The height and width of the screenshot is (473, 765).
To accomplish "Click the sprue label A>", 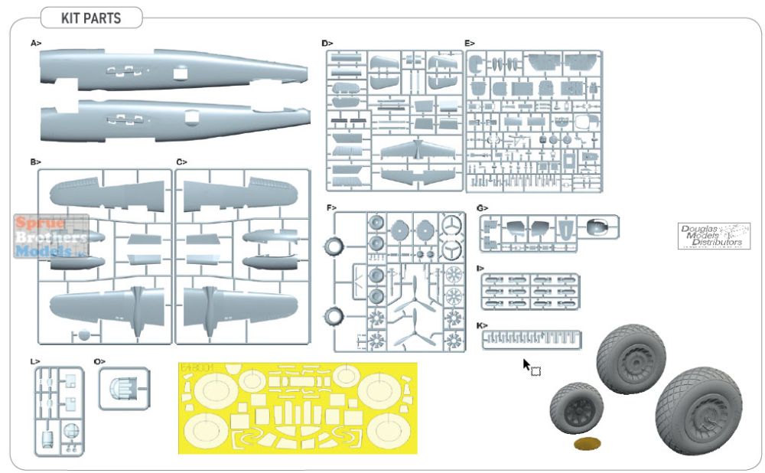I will click(35, 44).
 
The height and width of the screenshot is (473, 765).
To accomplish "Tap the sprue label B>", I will click(35, 162).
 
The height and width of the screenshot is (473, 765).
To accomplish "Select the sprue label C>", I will click(181, 162).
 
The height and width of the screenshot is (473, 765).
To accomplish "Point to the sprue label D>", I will click(327, 44).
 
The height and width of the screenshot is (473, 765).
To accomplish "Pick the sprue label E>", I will click(470, 44).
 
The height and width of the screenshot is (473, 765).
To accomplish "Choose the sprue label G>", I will click(482, 207).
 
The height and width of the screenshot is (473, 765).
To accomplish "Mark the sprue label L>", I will click(35, 360).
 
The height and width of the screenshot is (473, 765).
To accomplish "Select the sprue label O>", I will click(100, 360).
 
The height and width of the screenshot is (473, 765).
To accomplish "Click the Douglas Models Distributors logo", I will click(715, 236).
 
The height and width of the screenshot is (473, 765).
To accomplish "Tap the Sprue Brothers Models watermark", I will click(50, 236).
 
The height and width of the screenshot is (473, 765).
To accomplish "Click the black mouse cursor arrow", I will click(527, 365).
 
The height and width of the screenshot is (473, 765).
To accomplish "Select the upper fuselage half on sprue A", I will click(174, 71).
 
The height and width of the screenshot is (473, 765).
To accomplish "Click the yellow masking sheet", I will click(298, 407).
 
